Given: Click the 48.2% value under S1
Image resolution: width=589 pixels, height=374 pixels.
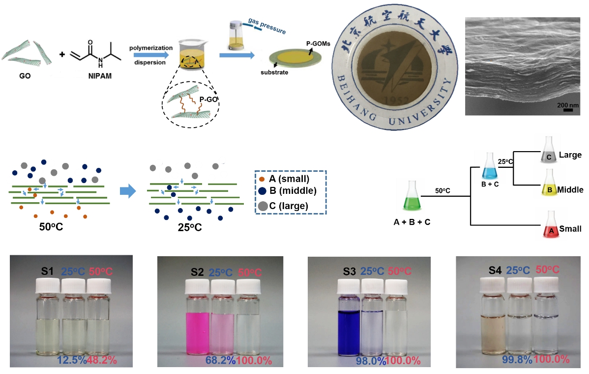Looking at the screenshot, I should pyautogui.click(x=102, y=361).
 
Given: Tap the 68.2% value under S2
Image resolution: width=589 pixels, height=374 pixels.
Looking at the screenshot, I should pyautogui.click(x=220, y=361).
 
